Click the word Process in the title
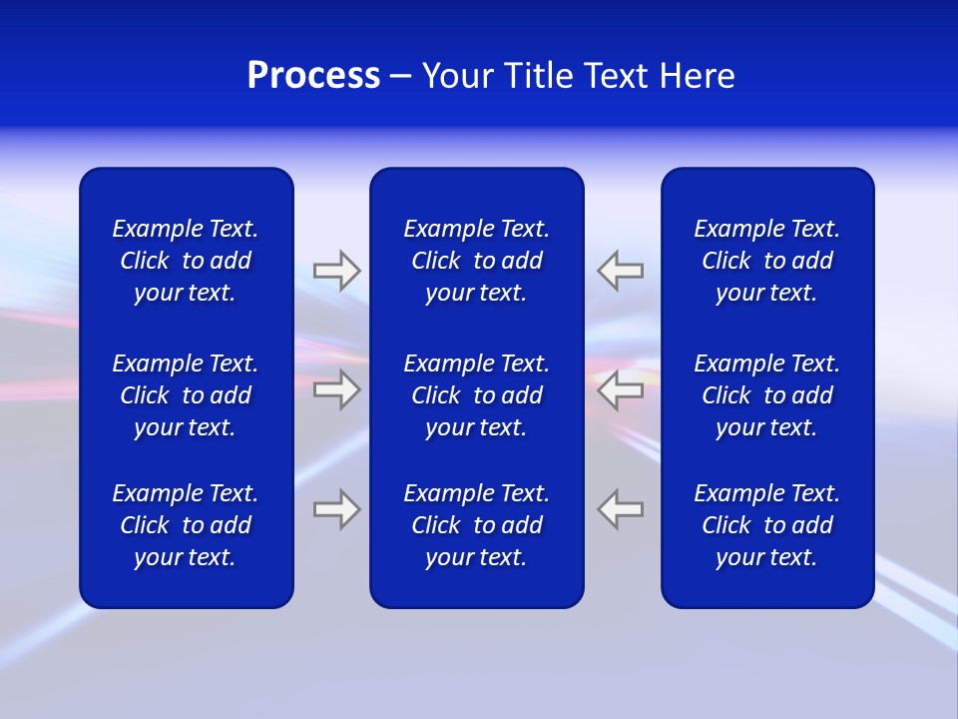313,76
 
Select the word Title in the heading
536,76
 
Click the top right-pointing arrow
336,270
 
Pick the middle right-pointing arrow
336,389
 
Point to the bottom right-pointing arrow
336,509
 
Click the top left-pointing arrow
621,270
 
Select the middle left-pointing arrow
621,389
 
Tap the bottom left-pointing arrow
621,509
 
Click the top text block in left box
186,261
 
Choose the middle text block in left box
186,395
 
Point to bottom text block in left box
186,525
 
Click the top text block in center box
476,261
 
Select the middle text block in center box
476,395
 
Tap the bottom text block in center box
476,525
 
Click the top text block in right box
766,261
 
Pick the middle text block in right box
766,395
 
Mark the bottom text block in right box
766,525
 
